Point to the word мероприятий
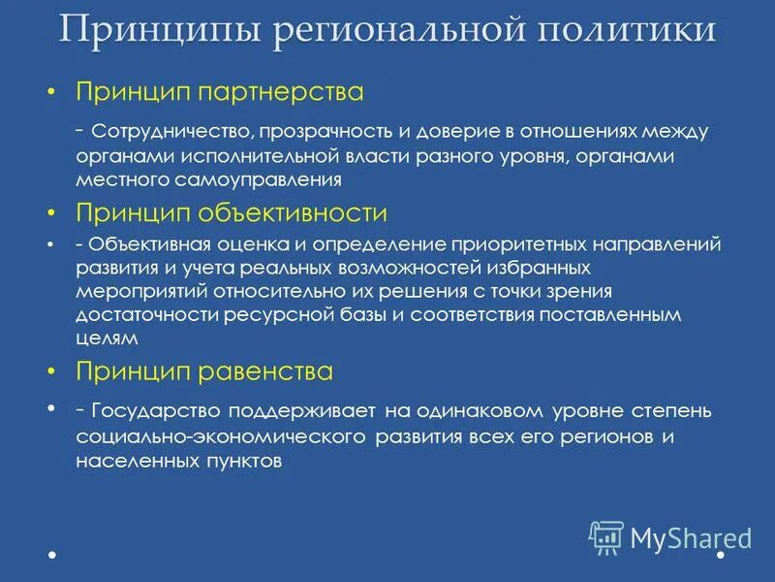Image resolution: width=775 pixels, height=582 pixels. point(128,291)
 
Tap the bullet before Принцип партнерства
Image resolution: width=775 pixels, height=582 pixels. point(51,93)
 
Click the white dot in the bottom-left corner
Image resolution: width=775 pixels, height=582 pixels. point(51,556)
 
